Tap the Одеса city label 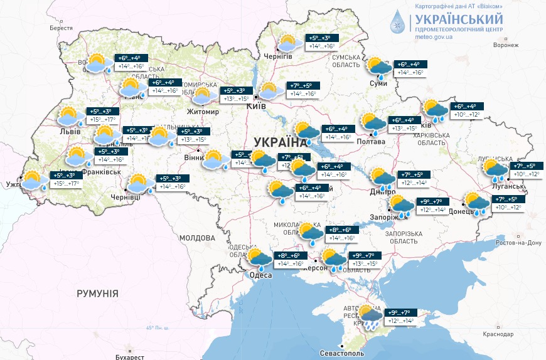pyautogui.click(x=261, y=275)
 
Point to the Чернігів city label pyautogui.click(x=279, y=56)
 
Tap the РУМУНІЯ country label pyautogui.click(x=97, y=294)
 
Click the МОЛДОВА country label pyautogui.click(x=197, y=238)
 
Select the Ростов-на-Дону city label pyautogui.click(x=518, y=243)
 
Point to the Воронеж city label pyautogui.click(x=506, y=45)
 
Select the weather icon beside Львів pyautogui.click(x=69, y=116)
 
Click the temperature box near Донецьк pyautogui.click(x=508, y=203)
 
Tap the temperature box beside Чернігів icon pyautogui.click(x=322, y=42)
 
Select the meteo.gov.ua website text pyautogui.click(x=434, y=37)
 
